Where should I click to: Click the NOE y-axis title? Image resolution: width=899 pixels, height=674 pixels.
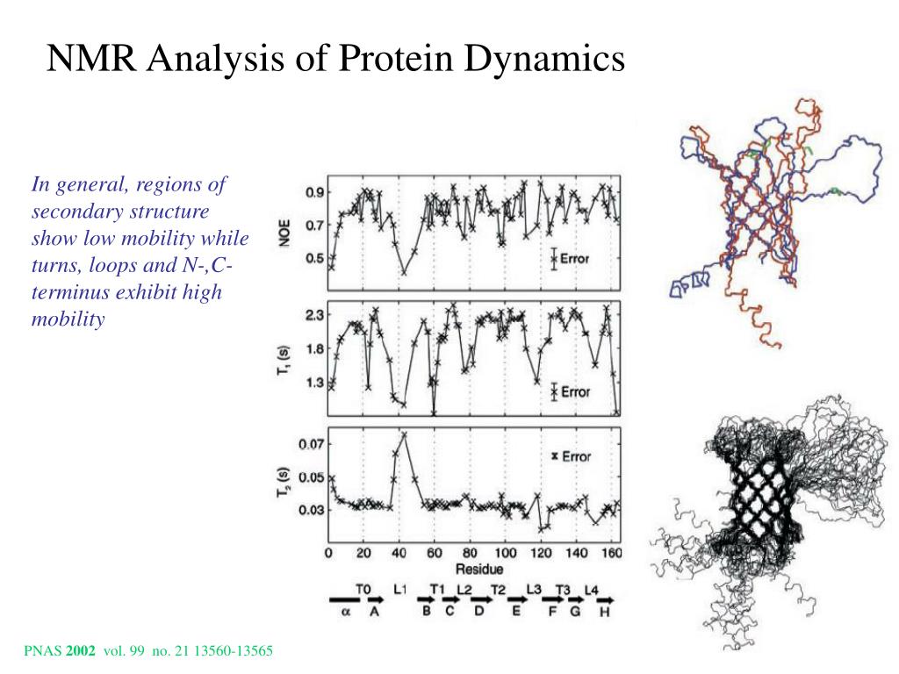(285, 231)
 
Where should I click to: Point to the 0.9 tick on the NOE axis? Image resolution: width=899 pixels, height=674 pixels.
(313, 193)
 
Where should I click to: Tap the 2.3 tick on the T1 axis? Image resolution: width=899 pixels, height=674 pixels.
(313, 315)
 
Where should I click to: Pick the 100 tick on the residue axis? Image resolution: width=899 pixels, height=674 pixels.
(506, 554)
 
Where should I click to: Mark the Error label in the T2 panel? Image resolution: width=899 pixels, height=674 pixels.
(575, 456)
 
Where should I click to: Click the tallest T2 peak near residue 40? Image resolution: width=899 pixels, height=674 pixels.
(404, 434)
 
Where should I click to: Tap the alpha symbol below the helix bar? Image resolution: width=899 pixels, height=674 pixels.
(346, 613)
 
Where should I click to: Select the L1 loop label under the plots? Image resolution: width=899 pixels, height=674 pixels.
(400, 588)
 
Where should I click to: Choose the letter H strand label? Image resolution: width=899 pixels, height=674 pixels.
(604, 613)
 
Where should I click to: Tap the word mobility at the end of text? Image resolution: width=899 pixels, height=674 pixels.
(68, 319)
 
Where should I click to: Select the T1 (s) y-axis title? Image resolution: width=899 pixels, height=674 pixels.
(285, 361)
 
